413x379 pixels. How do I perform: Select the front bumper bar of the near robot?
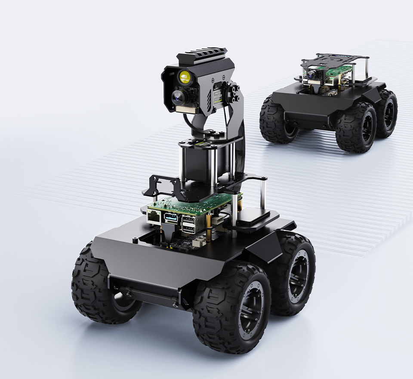tap(146, 296)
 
